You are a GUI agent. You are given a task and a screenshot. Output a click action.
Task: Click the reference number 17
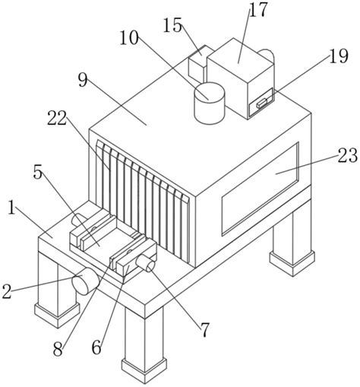pos(258,10)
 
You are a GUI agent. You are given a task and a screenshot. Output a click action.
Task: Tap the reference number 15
pos(172,25)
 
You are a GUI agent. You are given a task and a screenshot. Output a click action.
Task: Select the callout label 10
pos(129,38)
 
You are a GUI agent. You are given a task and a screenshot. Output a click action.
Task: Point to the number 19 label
pos(338,56)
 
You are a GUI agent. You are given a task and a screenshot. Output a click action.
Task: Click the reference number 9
pos(83,80)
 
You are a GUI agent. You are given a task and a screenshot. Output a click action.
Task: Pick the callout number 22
pos(57,119)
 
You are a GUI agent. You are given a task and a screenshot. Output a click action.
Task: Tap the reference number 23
pos(347,155)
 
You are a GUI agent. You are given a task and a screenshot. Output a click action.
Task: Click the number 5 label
pos(37,173)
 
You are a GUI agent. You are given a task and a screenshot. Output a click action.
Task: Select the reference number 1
pos(11,207)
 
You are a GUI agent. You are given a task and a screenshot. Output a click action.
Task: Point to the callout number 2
pos(7,291)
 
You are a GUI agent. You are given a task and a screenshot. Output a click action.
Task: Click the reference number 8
pos(58,349)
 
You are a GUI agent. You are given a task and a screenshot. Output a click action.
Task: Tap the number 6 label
pos(96,347)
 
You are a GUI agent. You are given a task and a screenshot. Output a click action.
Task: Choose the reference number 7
pos(205,329)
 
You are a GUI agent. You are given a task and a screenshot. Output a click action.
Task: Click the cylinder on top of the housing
pos(210,103)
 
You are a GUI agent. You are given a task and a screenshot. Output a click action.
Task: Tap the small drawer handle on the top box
pos(261,103)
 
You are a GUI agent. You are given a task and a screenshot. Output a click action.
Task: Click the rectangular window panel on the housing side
pos(261,189)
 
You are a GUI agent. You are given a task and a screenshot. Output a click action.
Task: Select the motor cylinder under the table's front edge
pos(85,281)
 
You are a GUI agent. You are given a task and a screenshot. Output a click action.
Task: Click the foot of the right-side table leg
pos(292,263)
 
